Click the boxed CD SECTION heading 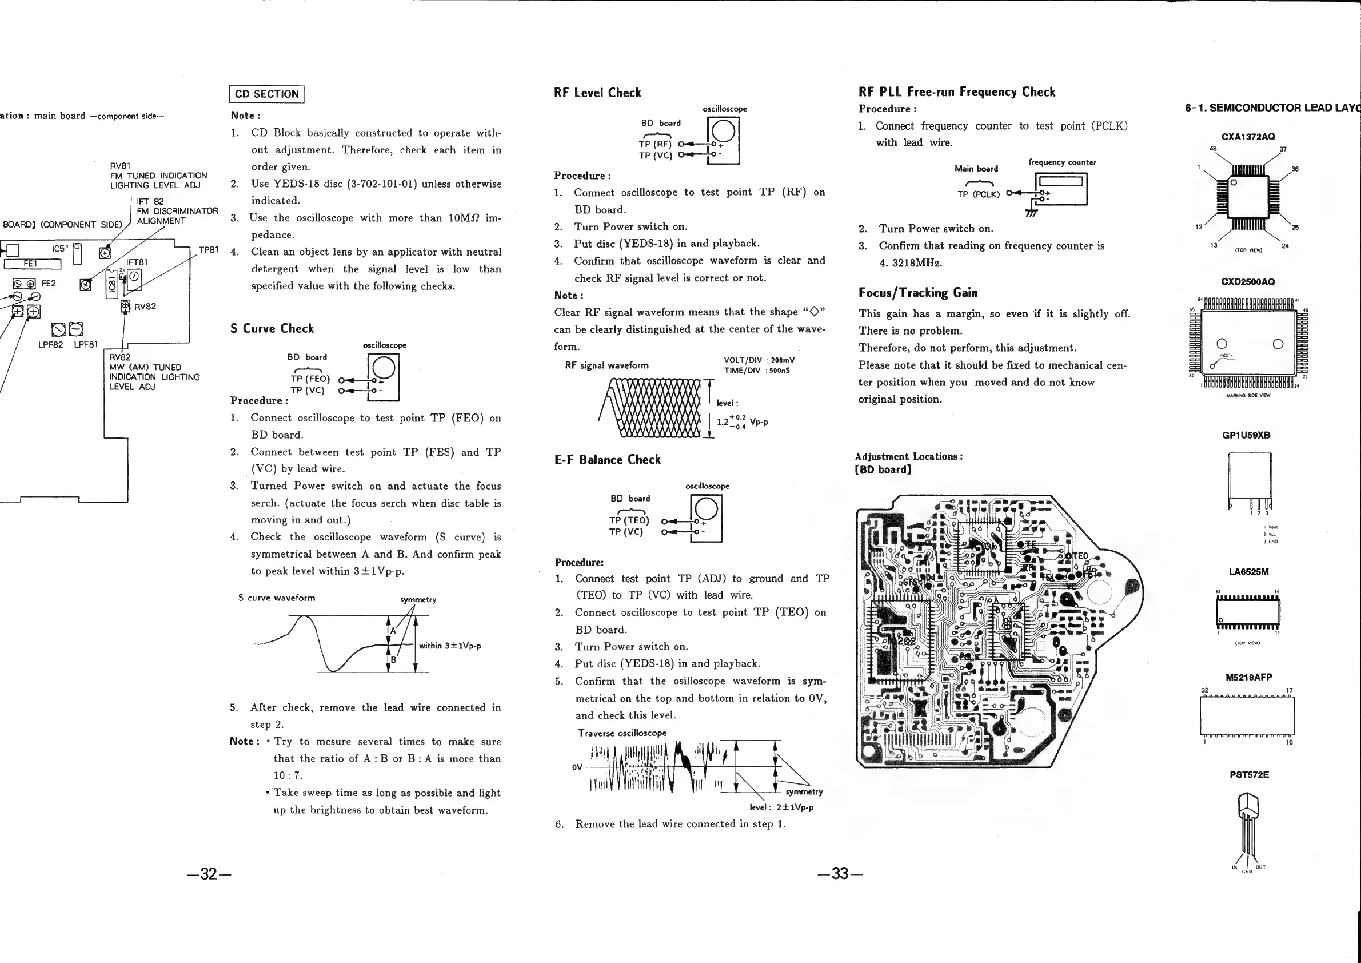point(267,94)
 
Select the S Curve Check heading point(272,328)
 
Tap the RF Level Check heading point(597,93)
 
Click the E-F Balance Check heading point(608,460)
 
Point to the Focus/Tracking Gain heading point(918,293)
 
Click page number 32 point(208,873)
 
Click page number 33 point(839,873)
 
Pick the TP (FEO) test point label point(310,379)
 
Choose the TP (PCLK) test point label point(978,194)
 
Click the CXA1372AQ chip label point(1248,136)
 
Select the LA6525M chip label point(1248,572)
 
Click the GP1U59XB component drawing point(1249,480)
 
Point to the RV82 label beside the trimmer point(145,307)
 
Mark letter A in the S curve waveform point(393,631)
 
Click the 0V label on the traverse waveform point(577,767)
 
